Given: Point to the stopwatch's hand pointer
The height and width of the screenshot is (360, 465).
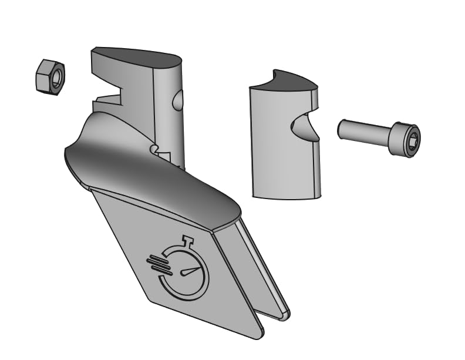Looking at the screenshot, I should click(x=191, y=271).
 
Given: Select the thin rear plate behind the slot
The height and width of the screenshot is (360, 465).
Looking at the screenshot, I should click(x=264, y=264).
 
